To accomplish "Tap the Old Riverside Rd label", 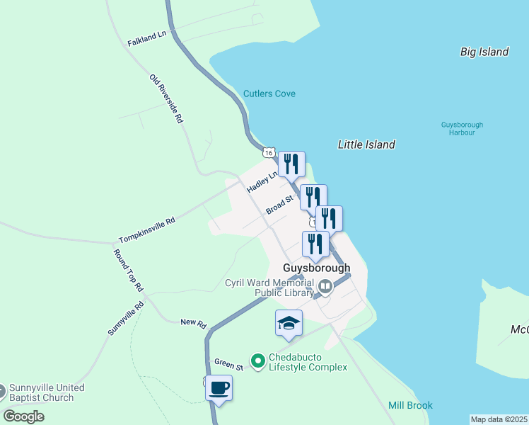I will [x=166, y=99].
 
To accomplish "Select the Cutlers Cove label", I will [x=269, y=93].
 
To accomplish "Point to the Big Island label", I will [x=484, y=52].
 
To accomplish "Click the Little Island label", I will [x=366, y=144].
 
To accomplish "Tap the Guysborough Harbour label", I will [x=462, y=128].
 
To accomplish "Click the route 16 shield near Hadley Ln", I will [x=268, y=152].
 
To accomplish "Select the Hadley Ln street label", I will [x=262, y=181].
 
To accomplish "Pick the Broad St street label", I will [x=279, y=206].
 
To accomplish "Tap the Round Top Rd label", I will [x=128, y=270].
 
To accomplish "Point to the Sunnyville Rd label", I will [x=126, y=318].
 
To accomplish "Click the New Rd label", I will [x=192, y=323].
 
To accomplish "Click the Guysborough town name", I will [x=316, y=268].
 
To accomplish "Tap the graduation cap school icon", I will [x=289, y=323].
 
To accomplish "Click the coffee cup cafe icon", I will [x=219, y=388].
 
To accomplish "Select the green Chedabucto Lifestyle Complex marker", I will [x=258, y=362].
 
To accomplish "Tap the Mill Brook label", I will [x=410, y=405].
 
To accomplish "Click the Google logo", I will [x=23, y=416].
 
